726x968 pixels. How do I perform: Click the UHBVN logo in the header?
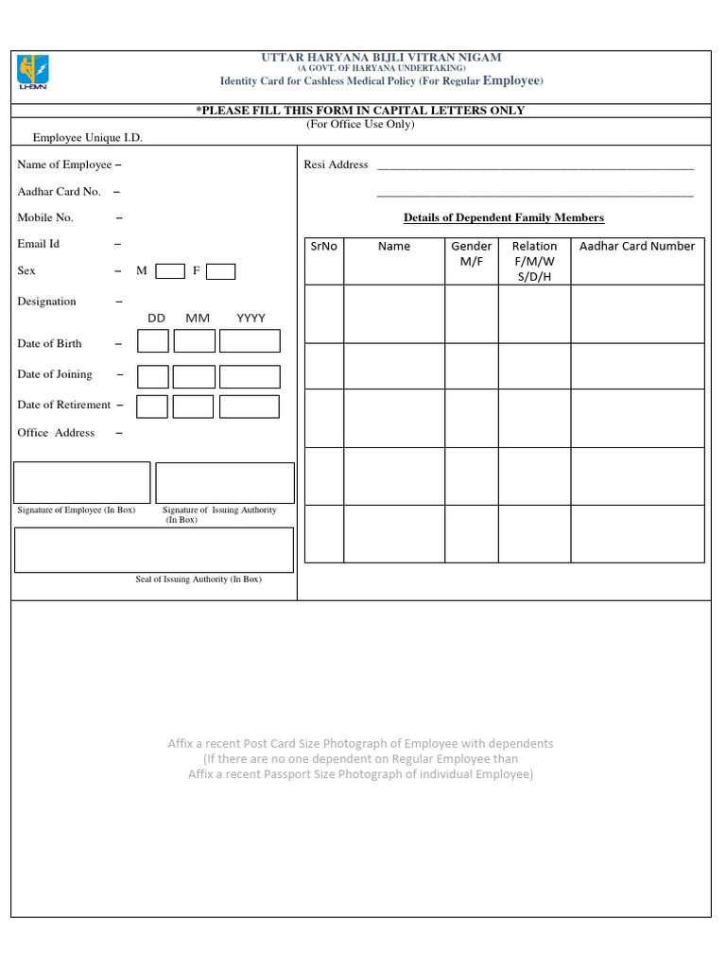[34, 73]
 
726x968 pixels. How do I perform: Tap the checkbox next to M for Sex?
[170, 271]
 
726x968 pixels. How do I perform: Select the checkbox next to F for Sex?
[220, 271]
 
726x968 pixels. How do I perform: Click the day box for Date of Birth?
[153, 341]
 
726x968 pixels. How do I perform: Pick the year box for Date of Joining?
[250, 376]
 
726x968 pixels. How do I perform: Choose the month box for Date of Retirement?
[193, 406]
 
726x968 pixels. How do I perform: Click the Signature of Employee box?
[82, 482]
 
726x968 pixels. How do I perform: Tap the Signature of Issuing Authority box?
[225, 482]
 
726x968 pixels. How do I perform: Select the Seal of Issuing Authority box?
[153, 550]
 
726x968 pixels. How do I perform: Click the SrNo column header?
[323, 247]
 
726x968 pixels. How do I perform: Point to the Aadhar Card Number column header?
[637, 247]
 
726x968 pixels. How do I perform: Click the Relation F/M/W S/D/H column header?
[534, 261]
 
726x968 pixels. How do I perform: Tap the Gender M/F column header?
[471, 253]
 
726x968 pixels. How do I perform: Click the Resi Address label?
[336, 164]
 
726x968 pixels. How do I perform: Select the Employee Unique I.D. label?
[88, 138]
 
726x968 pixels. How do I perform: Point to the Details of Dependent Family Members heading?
[504, 217]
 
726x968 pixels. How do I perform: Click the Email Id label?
[39, 244]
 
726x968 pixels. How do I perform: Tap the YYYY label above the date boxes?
[251, 319]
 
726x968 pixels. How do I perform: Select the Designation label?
[47, 302]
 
